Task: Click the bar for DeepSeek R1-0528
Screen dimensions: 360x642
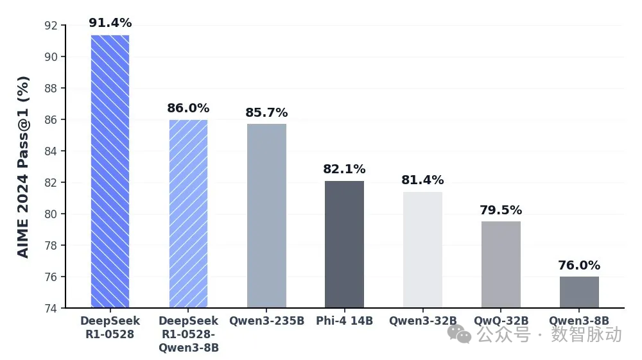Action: pos(110,171)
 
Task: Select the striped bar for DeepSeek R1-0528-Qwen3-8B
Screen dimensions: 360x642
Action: pos(188,214)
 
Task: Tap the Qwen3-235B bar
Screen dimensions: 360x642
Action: pos(266,216)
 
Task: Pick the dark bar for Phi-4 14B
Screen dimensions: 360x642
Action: pos(344,244)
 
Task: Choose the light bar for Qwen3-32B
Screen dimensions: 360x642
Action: pos(422,250)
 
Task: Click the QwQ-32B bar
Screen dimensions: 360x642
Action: pos(501,264)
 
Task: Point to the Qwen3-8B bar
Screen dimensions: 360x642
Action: pos(579,292)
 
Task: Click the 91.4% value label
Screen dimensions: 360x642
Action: pos(110,23)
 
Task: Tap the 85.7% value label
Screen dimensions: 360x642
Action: pos(266,113)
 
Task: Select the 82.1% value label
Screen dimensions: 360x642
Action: pos(344,169)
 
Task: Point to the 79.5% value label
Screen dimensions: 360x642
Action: pos(501,210)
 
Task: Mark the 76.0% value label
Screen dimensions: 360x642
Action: pos(579,266)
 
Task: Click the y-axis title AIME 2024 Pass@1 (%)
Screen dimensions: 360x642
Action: pos(23,167)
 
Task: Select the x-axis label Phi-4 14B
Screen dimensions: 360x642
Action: pos(344,321)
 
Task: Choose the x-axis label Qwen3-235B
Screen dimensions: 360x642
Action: pos(266,321)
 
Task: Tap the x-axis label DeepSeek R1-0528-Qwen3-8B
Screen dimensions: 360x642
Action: pos(188,334)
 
